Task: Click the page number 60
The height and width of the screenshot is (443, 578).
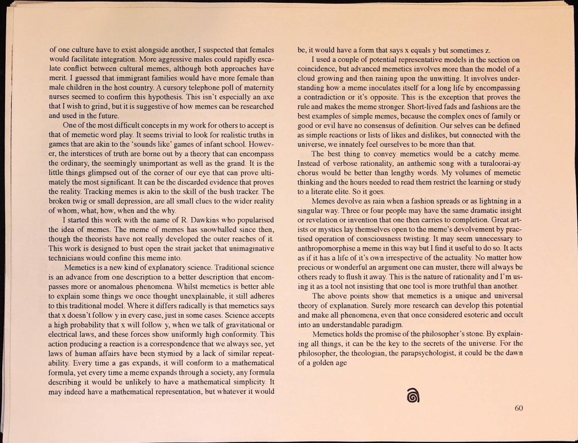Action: tap(520, 409)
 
